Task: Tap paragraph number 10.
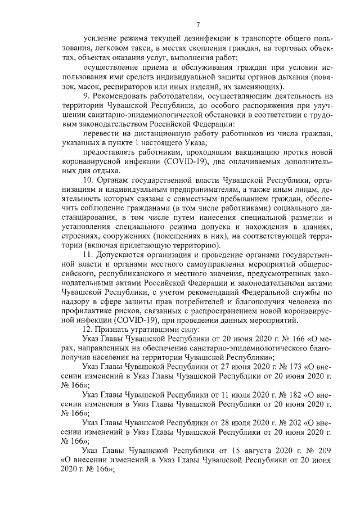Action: (87, 182)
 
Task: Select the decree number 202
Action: (295, 424)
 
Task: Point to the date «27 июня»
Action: (244, 366)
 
